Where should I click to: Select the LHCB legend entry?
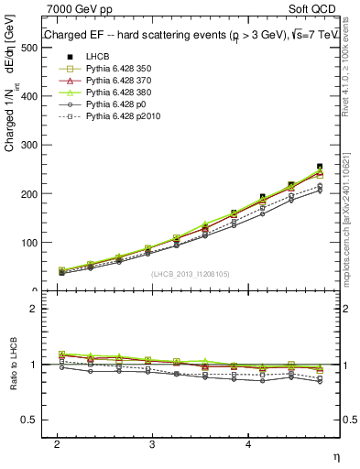98,57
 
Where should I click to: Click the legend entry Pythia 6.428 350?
118,69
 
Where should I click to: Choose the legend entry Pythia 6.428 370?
118,81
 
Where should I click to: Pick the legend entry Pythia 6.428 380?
118,93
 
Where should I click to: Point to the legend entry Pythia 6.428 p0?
115,104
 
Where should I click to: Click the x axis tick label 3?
152,443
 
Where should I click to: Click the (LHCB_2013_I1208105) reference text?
190,273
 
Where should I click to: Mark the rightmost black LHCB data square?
320,167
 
